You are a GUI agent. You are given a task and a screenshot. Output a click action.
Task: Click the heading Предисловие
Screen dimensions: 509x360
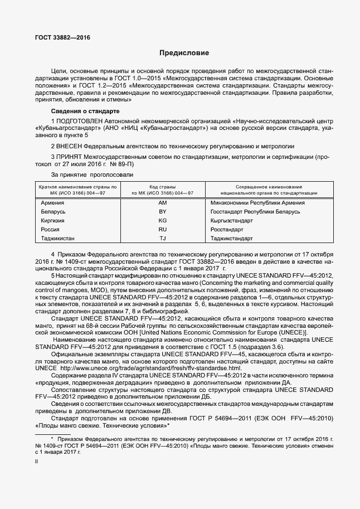point(184,54)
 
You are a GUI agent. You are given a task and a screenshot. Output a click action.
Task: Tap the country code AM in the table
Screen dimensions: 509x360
point(163,203)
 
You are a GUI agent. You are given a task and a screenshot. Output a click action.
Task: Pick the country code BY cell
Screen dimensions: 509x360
point(163,212)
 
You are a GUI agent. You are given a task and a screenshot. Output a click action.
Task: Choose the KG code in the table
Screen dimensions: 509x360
point(163,221)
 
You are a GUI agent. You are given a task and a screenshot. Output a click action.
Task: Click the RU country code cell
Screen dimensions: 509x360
point(163,230)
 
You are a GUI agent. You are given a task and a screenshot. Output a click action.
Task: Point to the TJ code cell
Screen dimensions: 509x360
point(163,239)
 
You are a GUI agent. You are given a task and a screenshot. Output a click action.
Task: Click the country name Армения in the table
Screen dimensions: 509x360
point(53,203)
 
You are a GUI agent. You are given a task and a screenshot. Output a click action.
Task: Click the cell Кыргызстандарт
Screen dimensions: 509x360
point(232,221)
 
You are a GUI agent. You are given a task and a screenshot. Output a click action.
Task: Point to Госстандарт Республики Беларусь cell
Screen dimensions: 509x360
point(255,212)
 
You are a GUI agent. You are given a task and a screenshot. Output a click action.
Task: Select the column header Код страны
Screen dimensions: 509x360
point(163,186)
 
